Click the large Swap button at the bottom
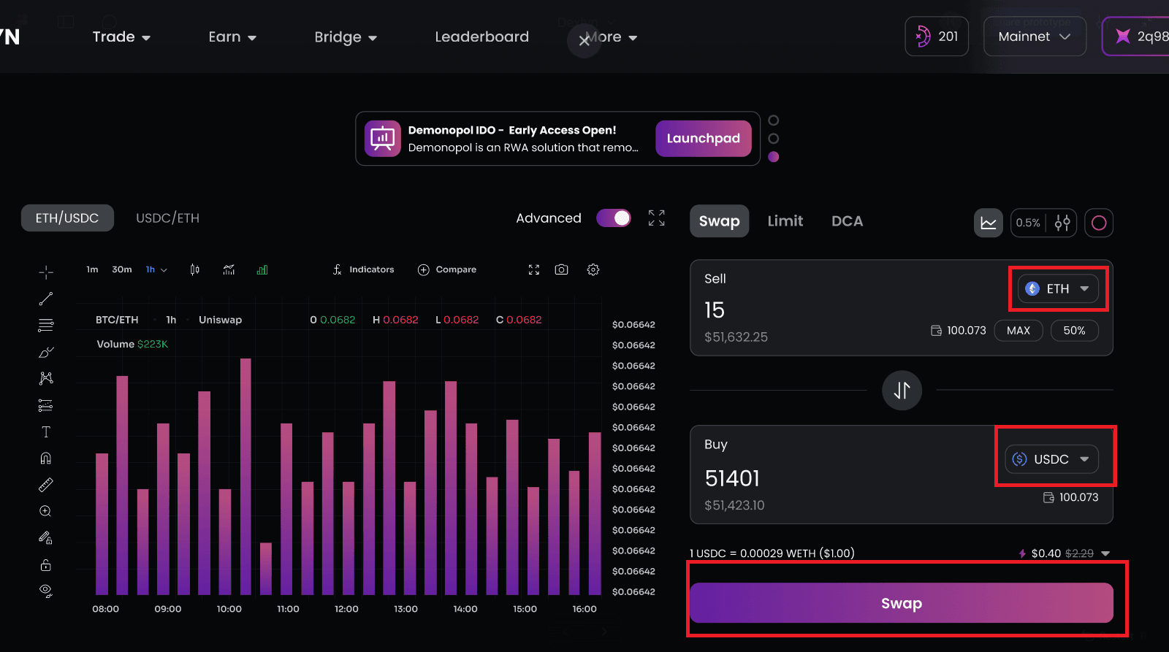pos(901,603)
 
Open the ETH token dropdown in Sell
pos(1058,288)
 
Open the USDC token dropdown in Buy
pos(1051,459)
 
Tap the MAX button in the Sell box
pos(1018,331)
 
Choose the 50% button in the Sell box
pos(1074,331)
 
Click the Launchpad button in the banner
pos(703,139)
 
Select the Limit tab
pos(785,221)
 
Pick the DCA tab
pos(847,221)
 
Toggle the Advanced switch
pos(614,218)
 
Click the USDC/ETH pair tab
pos(167,218)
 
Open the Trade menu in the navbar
pos(121,37)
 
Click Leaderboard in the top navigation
pos(481,37)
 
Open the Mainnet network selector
pos(1034,37)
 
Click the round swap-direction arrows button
pos(902,390)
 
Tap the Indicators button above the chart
pos(364,269)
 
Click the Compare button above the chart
pos(447,269)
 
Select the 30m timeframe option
pos(122,269)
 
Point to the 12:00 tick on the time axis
pos(346,609)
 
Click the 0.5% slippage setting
pos(1028,223)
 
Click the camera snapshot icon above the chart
pos(561,269)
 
